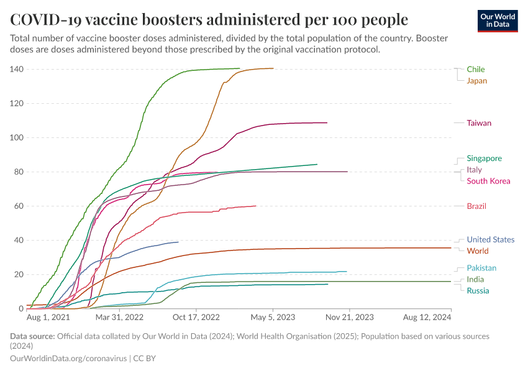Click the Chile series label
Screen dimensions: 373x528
[476, 69]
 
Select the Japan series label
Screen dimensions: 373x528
[476, 81]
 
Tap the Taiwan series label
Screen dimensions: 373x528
[479, 123]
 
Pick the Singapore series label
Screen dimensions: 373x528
[484, 159]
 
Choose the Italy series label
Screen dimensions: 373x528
[474, 170]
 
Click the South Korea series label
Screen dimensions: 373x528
[488, 182]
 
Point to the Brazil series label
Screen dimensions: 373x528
[476, 206]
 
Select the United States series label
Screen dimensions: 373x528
[490, 240]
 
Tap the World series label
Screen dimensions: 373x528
[477, 251]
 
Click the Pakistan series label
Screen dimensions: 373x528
[481, 269]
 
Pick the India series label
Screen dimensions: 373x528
[475, 280]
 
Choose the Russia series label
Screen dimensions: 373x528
[478, 291]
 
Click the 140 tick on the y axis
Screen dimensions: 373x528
[16, 69]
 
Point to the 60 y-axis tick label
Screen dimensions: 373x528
[19, 206]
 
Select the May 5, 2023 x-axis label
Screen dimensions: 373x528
[273, 317]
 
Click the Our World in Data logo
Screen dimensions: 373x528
[498, 21]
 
